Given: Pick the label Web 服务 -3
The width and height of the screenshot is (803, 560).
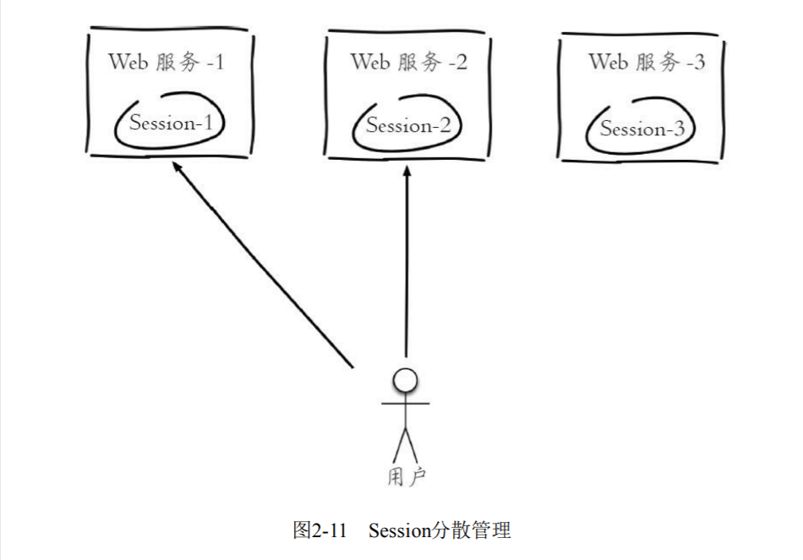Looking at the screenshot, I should pyautogui.click(x=647, y=62).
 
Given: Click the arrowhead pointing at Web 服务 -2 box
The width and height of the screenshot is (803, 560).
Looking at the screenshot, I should pyautogui.click(x=407, y=170).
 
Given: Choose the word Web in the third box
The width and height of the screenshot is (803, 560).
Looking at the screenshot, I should pyautogui.click(x=608, y=62).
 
